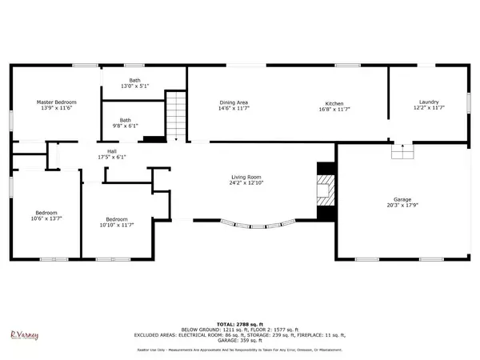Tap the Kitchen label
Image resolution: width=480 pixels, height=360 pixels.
point(334,102)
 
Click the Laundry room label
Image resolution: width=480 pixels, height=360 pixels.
point(430,102)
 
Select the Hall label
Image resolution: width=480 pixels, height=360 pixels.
point(111,150)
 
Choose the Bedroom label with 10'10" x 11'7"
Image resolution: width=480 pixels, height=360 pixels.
point(117,218)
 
